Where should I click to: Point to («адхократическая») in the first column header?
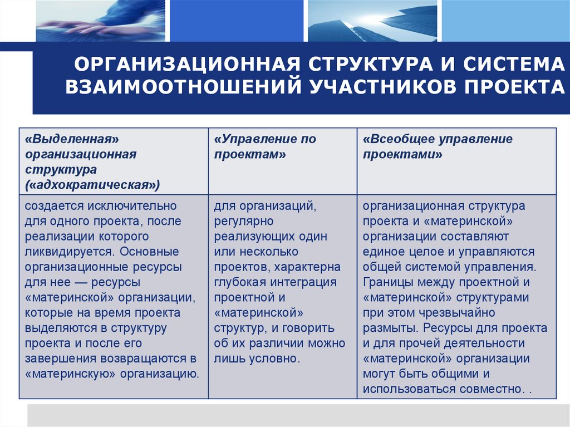[92, 184]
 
